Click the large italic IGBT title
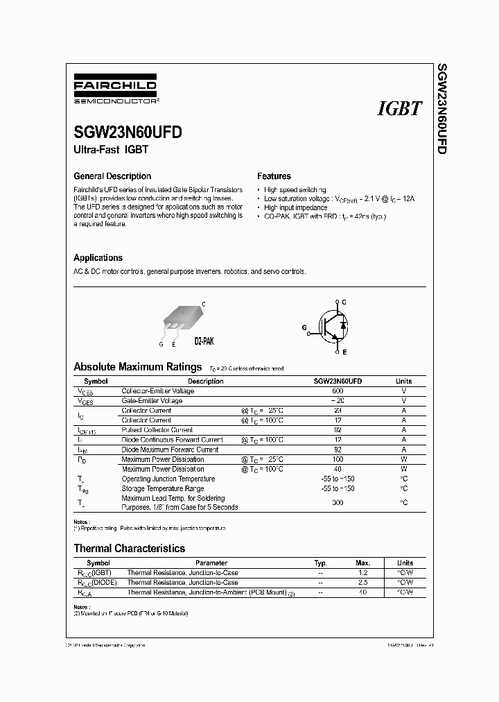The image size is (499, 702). coord(399,109)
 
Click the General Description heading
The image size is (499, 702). coord(112,176)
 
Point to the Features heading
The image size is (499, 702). coord(274,176)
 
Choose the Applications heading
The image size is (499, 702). coord(98,257)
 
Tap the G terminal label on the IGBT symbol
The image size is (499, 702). coord(303,326)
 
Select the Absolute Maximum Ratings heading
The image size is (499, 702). coord(137,367)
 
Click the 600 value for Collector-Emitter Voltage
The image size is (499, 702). coord(338,391)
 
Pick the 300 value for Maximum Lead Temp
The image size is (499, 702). coord(338,503)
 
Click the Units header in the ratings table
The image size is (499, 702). coord(403,381)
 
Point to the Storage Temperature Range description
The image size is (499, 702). coord(162,488)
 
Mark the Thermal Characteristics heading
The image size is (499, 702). coord(129,548)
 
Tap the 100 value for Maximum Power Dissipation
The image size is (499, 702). coord(338,459)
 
